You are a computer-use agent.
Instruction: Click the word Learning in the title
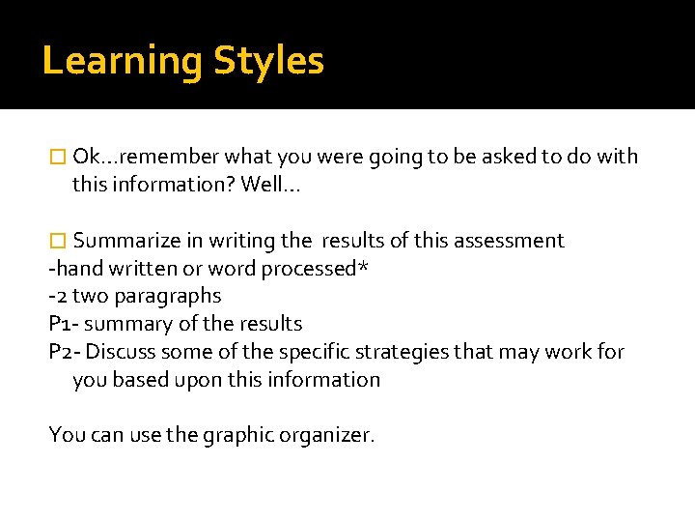(x=123, y=62)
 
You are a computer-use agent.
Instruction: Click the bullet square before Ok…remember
(x=57, y=157)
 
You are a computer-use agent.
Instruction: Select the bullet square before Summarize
(x=57, y=241)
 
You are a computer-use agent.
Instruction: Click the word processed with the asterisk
(x=308, y=269)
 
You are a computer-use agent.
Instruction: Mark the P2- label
(x=66, y=352)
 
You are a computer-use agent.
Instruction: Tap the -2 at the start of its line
(x=57, y=296)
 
